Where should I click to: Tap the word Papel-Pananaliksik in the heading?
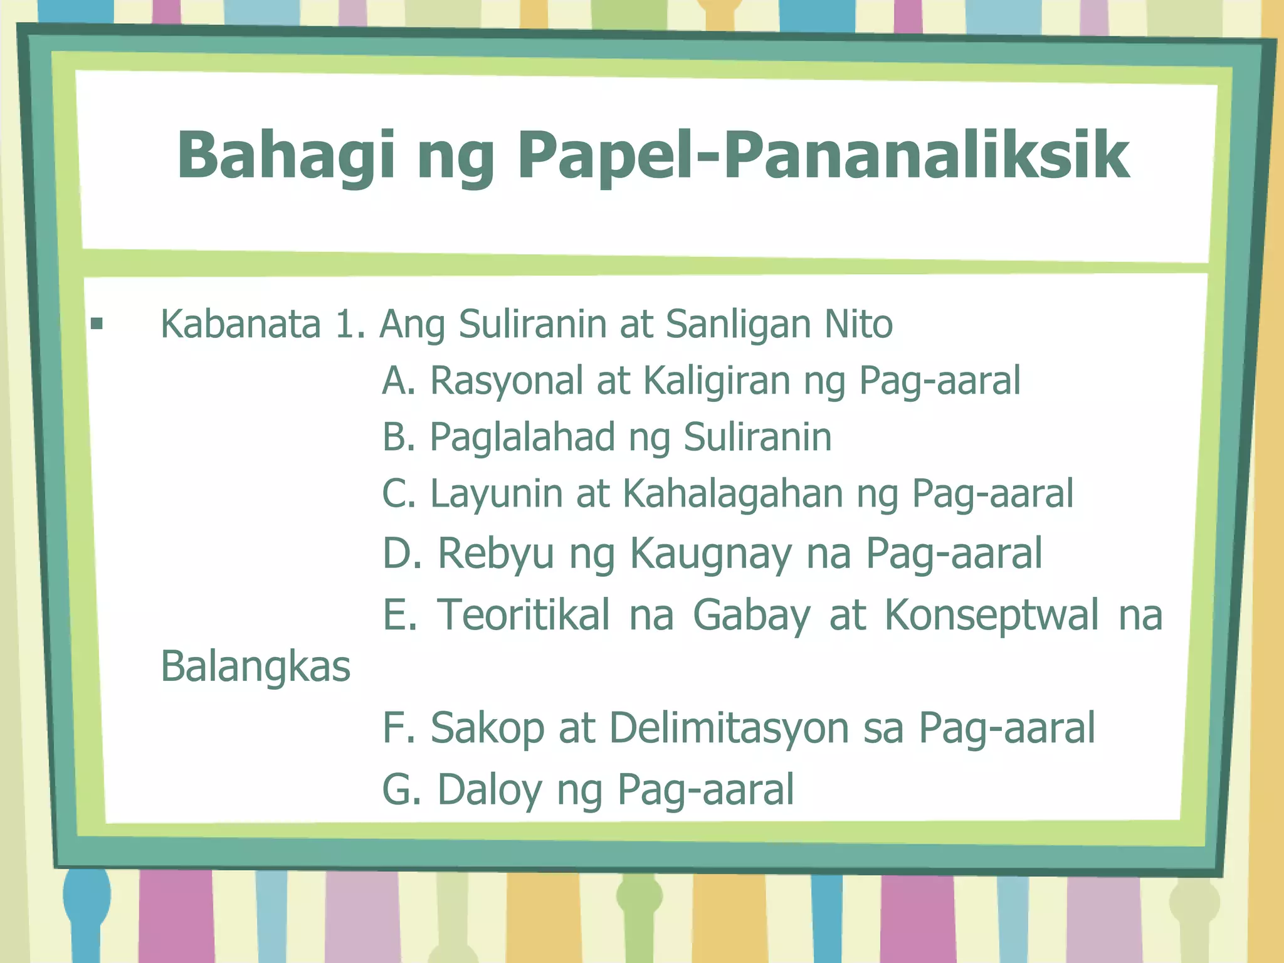click(x=823, y=155)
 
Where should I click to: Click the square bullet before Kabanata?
click(x=97, y=324)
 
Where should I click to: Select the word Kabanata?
click(x=241, y=324)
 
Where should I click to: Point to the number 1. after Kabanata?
click(x=350, y=324)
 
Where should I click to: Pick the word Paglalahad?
click(x=522, y=437)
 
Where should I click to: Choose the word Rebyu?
click(x=495, y=553)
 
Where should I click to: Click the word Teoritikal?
click(x=524, y=614)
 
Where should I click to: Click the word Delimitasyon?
click(x=729, y=728)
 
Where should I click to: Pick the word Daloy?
click(x=490, y=789)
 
